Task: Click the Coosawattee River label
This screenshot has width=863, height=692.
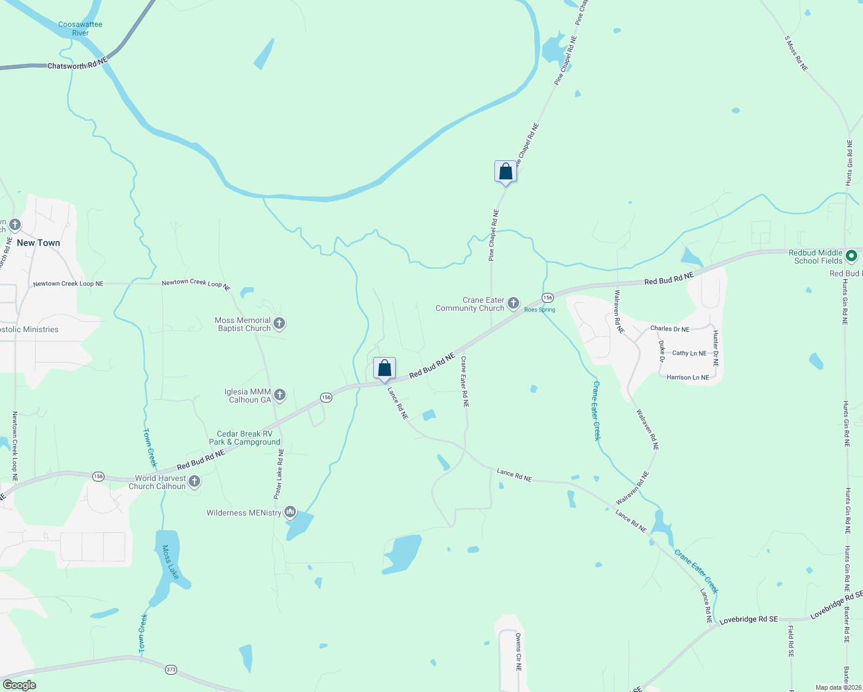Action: click(x=80, y=29)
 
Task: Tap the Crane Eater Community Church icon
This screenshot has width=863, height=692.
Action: click(x=513, y=303)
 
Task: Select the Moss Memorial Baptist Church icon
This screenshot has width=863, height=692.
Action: click(x=279, y=324)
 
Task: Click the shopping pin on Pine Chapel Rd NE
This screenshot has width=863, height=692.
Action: click(x=505, y=172)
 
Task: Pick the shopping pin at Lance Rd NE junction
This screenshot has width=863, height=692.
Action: click(x=384, y=368)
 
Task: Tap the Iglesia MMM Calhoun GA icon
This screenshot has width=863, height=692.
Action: click(x=279, y=395)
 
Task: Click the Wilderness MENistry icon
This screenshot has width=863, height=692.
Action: click(x=290, y=512)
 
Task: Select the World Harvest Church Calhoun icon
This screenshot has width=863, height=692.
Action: click(x=194, y=482)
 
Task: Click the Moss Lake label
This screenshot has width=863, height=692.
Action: click(x=170, y=562)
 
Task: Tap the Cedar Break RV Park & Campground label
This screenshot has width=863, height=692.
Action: click(x=245, y=438)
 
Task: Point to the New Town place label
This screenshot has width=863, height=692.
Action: click(x=39, y=243)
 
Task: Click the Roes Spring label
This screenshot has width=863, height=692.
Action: click(x=539, y=310)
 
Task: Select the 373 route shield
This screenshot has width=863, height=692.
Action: click(x=171, y=670)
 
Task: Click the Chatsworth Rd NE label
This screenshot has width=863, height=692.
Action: click(x=77, y=64)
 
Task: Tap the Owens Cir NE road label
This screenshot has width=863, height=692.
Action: click(x=518, y=652)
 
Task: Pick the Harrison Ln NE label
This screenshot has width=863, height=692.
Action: click(x=688, y=378)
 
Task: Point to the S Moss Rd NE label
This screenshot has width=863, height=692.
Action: click(x=796, y=54)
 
